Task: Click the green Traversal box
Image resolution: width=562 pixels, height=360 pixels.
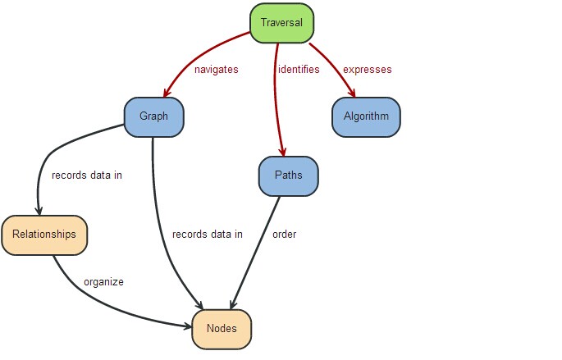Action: coord(282,24)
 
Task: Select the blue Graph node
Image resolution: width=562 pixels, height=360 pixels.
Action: coord(154,116)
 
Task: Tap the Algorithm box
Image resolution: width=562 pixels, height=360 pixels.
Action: coord(366,116)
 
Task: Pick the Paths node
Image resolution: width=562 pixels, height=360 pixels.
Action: coord(287,175)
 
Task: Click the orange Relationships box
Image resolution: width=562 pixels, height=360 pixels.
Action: coord(44,235)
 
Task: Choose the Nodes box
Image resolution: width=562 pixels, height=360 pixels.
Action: coord(222,328)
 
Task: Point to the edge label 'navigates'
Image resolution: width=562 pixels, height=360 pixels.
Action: coord(216,70)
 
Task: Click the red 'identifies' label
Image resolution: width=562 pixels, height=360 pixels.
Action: coord(299,70)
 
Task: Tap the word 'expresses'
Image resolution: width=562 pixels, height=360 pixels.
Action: coord(367,70)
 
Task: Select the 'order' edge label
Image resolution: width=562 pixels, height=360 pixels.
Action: coord(284,235)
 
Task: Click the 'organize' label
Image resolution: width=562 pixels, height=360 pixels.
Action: coord(103,282)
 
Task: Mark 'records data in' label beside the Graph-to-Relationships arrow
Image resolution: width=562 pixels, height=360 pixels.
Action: coord(87,175)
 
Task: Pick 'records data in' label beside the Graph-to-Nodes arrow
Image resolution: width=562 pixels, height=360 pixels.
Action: coord(208,235)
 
